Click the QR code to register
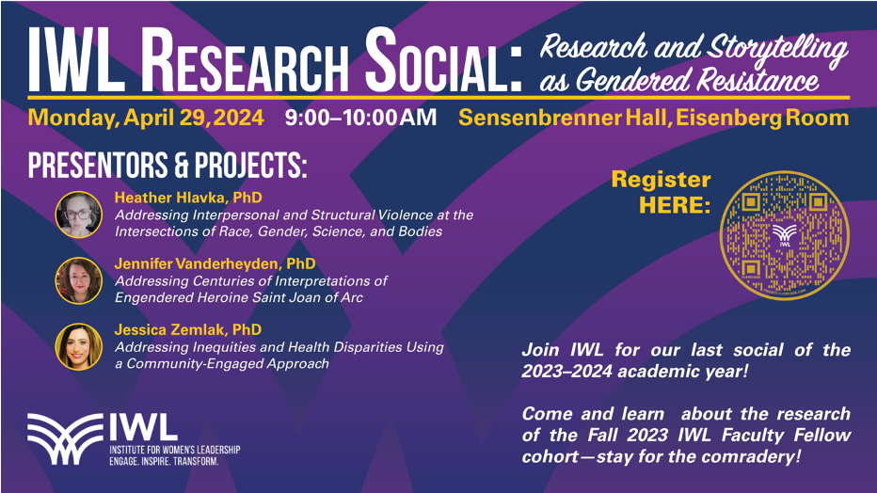784,235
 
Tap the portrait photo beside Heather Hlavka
79,215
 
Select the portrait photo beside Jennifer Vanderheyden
79,280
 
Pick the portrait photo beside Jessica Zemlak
79,346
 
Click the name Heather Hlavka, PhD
188,198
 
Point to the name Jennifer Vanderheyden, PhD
215,263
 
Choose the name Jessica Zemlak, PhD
188,330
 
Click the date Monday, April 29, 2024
146,118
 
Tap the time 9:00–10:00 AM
360,118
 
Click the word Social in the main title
443,60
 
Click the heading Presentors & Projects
167,165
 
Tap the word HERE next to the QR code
675,205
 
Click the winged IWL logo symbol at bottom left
65,439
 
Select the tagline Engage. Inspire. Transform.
164,461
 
